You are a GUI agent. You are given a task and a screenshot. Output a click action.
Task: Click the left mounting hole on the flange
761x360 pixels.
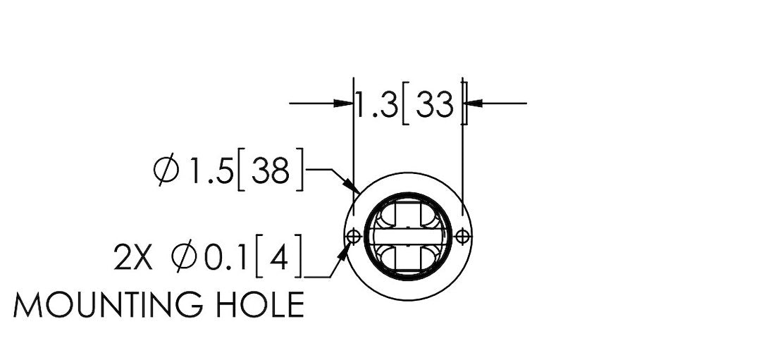(354, 237)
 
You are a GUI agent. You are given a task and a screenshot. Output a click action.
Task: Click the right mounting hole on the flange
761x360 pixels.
(463, 237)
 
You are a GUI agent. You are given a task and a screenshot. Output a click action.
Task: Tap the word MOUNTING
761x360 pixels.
(108, 305)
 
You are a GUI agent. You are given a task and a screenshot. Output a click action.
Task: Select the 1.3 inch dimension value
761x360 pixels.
(377, 104)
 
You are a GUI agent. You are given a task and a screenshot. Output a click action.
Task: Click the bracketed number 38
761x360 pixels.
(271, 170)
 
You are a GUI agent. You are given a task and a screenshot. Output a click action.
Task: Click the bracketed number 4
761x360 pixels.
(278, 256)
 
